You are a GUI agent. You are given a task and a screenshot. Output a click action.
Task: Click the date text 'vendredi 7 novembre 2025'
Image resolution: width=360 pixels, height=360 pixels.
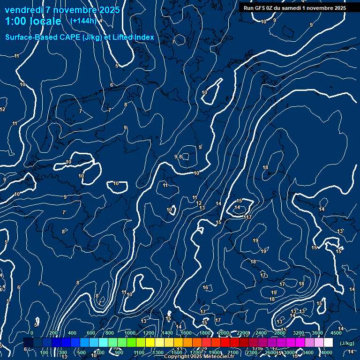pyautogui.click(x=62, y=10)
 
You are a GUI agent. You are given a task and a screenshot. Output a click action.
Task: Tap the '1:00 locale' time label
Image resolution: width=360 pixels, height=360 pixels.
pyautogui.click(x=33, y=21)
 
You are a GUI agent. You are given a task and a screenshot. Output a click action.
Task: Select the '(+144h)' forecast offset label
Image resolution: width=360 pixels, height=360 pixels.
pyautogui.click(x=83, y=21)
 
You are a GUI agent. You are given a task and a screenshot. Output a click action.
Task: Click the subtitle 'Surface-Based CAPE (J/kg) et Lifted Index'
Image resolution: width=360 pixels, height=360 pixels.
pyautogui.click(x=80, y=37)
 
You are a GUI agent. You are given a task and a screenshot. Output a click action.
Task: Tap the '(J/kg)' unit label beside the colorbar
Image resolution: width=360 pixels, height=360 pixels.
pyautogui.click(x=347, y=344)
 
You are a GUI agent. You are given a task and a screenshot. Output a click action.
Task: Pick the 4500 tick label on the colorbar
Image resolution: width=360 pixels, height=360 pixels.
pyautogui.click(x=336, y=333)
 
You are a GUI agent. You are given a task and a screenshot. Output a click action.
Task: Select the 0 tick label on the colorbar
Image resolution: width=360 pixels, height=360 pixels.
pyautogui.click(x=32, y=333)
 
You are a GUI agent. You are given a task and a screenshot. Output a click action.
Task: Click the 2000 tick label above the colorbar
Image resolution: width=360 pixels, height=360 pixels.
pyautogui.click(x=224, y=333)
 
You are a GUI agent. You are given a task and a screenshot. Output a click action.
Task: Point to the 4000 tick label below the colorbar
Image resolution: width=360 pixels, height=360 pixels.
pyautogui.click(x=327, y=352)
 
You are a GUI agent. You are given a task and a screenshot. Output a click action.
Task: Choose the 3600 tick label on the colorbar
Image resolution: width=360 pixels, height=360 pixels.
pyautogui.click(x=317, y=333)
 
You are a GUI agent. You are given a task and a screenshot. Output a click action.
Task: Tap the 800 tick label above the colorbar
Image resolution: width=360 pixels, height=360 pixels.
pyautogui.click(x=111, y=333)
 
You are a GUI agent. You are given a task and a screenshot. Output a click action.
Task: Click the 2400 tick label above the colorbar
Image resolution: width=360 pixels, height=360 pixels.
pyautogui.click(x=262, y=333)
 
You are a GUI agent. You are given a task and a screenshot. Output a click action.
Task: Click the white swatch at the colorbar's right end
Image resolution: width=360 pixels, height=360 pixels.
pyautogui.click(x=328, y=343)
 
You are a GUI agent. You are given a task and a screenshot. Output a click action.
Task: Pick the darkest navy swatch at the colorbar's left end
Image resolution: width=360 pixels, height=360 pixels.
pyautogui.click(x=28, y=343)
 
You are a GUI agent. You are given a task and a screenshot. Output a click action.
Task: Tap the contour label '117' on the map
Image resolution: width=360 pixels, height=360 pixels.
pyautogui.click(x=248, y=217)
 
